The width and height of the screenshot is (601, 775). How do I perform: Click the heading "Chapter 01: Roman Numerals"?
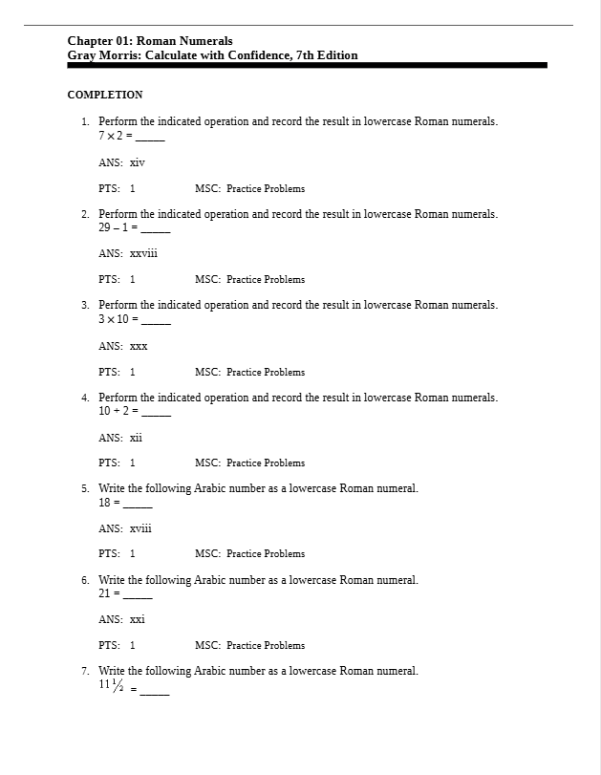[149, 41]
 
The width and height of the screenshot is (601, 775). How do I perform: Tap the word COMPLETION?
[105, 95]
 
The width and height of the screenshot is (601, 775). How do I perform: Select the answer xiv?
[137, 162]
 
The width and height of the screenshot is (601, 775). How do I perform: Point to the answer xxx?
[139, 346]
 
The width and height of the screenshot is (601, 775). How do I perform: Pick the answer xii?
[136, 437]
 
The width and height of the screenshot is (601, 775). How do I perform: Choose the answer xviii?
[140, 527]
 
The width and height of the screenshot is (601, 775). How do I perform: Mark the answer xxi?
[137, 619]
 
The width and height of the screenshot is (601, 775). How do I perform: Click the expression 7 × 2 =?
[116, 136]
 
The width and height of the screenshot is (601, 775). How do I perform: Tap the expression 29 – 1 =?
[118, 227]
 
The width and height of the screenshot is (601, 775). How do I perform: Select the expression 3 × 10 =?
[118, 318]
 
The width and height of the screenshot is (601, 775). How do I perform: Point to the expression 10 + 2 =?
[118, 410]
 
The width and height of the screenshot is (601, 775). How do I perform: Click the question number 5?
[85, 488]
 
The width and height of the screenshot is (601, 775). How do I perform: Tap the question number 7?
[85, 671]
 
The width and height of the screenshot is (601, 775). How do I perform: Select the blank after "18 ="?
[139, 503]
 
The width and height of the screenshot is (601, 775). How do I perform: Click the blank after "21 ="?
[139, 594]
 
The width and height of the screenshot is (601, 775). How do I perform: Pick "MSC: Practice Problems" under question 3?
[249, 372]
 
